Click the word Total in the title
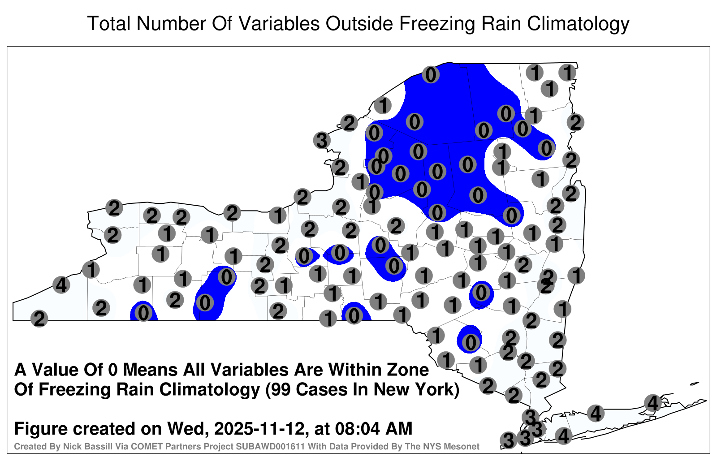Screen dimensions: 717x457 109,23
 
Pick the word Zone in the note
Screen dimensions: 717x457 408,370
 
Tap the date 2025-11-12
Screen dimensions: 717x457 259,428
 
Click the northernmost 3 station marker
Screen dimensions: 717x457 322,140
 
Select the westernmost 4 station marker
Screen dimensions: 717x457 61,285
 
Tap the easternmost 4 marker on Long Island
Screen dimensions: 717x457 652,403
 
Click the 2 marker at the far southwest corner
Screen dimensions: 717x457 39,319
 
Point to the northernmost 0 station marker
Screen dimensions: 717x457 431,75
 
